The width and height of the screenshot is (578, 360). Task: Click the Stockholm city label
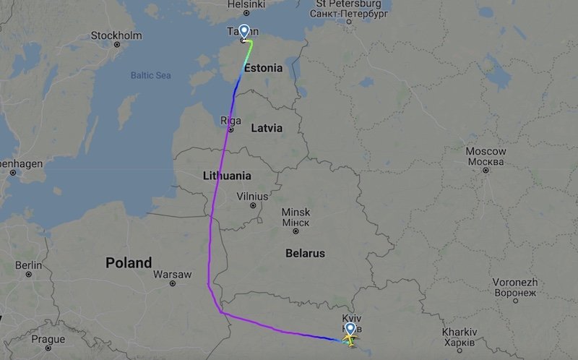(116, 35)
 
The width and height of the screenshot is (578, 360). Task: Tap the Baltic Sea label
(150, 75)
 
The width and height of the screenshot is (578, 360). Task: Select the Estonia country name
(263, 69)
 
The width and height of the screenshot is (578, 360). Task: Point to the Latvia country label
(267, 128)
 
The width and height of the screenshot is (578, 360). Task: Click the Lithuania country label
(227, 176)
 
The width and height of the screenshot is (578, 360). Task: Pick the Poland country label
(129, 262)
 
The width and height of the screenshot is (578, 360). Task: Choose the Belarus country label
(304, 254)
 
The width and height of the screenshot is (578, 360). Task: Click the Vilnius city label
(252, 197)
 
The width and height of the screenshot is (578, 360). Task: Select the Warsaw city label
(173, 275)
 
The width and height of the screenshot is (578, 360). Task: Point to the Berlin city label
(28, 265)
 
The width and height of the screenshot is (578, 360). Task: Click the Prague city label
(48, 339)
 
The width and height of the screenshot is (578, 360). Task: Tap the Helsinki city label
(246, 4)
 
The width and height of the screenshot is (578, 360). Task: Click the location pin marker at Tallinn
(244, 32)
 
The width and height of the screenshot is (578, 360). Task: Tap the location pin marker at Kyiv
(350, 330)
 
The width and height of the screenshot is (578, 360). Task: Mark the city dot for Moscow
(486, 170)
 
